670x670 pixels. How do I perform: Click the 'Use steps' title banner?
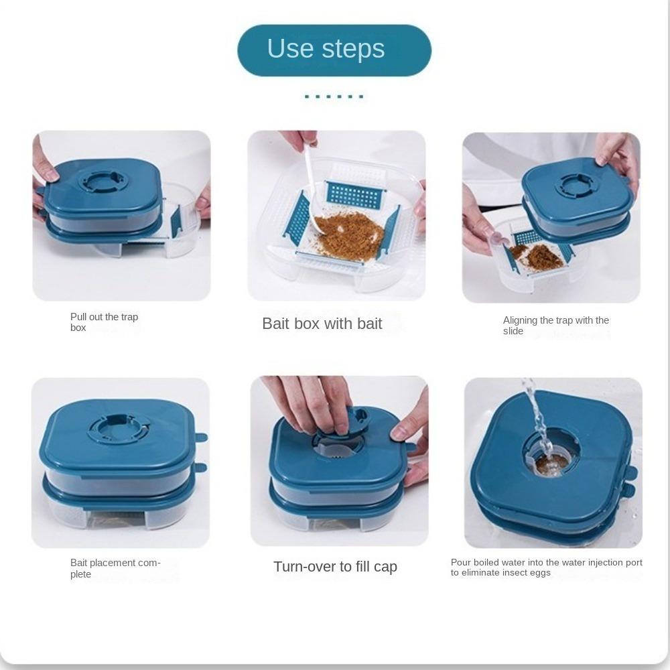click(334, 50)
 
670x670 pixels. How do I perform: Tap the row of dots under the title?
click(334, 96)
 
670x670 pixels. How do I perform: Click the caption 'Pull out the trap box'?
click(105, 322)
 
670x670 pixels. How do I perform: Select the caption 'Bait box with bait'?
click(322, 324)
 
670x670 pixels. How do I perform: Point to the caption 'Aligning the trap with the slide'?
click(556, 326)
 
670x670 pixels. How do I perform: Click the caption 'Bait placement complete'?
click(115, 568)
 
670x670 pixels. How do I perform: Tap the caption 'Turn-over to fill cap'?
click(336, 567)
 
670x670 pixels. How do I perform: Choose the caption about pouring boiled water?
click(547, 567)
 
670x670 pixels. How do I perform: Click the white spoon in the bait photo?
click(313, 188)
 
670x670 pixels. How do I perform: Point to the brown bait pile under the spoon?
click(348, 235)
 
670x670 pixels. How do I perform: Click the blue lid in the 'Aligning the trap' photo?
click(578, 188)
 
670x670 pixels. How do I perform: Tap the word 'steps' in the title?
click(353, 50)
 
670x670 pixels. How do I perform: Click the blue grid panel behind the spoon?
click(354, 194)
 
